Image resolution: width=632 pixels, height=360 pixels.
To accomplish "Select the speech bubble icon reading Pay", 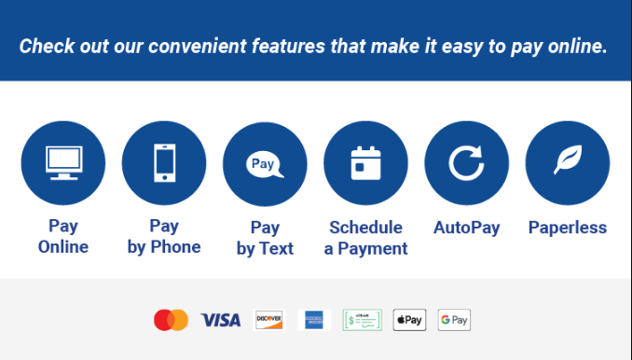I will pyautogui.click(x=265, y=164).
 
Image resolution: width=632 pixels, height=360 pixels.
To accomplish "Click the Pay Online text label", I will pyautogui.click(x=63, y=237).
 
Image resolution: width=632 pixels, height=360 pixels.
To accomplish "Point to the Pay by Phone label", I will pyautogui.click(x=164, y=237).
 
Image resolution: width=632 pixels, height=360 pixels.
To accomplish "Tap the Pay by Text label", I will pyautogui.click(x=265, y=238).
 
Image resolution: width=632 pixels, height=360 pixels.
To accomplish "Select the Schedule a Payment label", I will pyautogui.click(x=365, y=238).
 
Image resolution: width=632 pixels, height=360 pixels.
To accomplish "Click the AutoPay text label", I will pyautogui.click(x=466, y=228).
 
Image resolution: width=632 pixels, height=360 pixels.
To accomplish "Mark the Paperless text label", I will pyautogui.click(x=567, y=228).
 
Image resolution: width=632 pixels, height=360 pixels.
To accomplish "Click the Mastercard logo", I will pyautogui.click(x=171, y=320).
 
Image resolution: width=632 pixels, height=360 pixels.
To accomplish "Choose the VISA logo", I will pyautogui.click(x=220, y=320).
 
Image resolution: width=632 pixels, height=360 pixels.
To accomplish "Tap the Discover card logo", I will pyautogui.click(x=268, y=320).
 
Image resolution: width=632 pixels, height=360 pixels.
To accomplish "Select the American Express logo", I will pyautogui.click(x=314, y=320).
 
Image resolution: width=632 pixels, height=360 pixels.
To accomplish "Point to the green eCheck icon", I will pyautogui.click(x=362, y=320).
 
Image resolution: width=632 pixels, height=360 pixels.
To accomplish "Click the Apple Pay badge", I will pyautogui.click(x=409, y=320).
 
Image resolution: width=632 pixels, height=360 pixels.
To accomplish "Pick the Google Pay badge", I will pyautogui.click(x=454, y=320).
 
